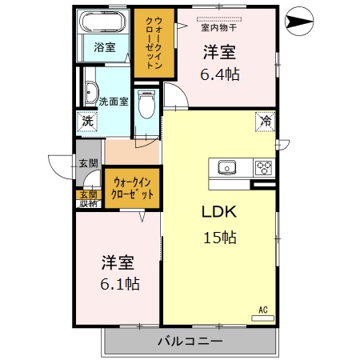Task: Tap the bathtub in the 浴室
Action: [103, 22]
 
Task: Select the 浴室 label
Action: [103, 46]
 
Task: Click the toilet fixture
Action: [146, 105]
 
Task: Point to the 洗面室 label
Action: [112, 102]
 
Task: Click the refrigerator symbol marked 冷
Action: [264, 122]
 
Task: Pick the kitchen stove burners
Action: [263, 168]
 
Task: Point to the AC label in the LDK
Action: [262, 310]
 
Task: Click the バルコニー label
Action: [189, 342]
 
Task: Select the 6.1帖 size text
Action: [118, 283]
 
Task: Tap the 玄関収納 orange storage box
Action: [87, 198]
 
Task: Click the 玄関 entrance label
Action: [87, 163]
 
